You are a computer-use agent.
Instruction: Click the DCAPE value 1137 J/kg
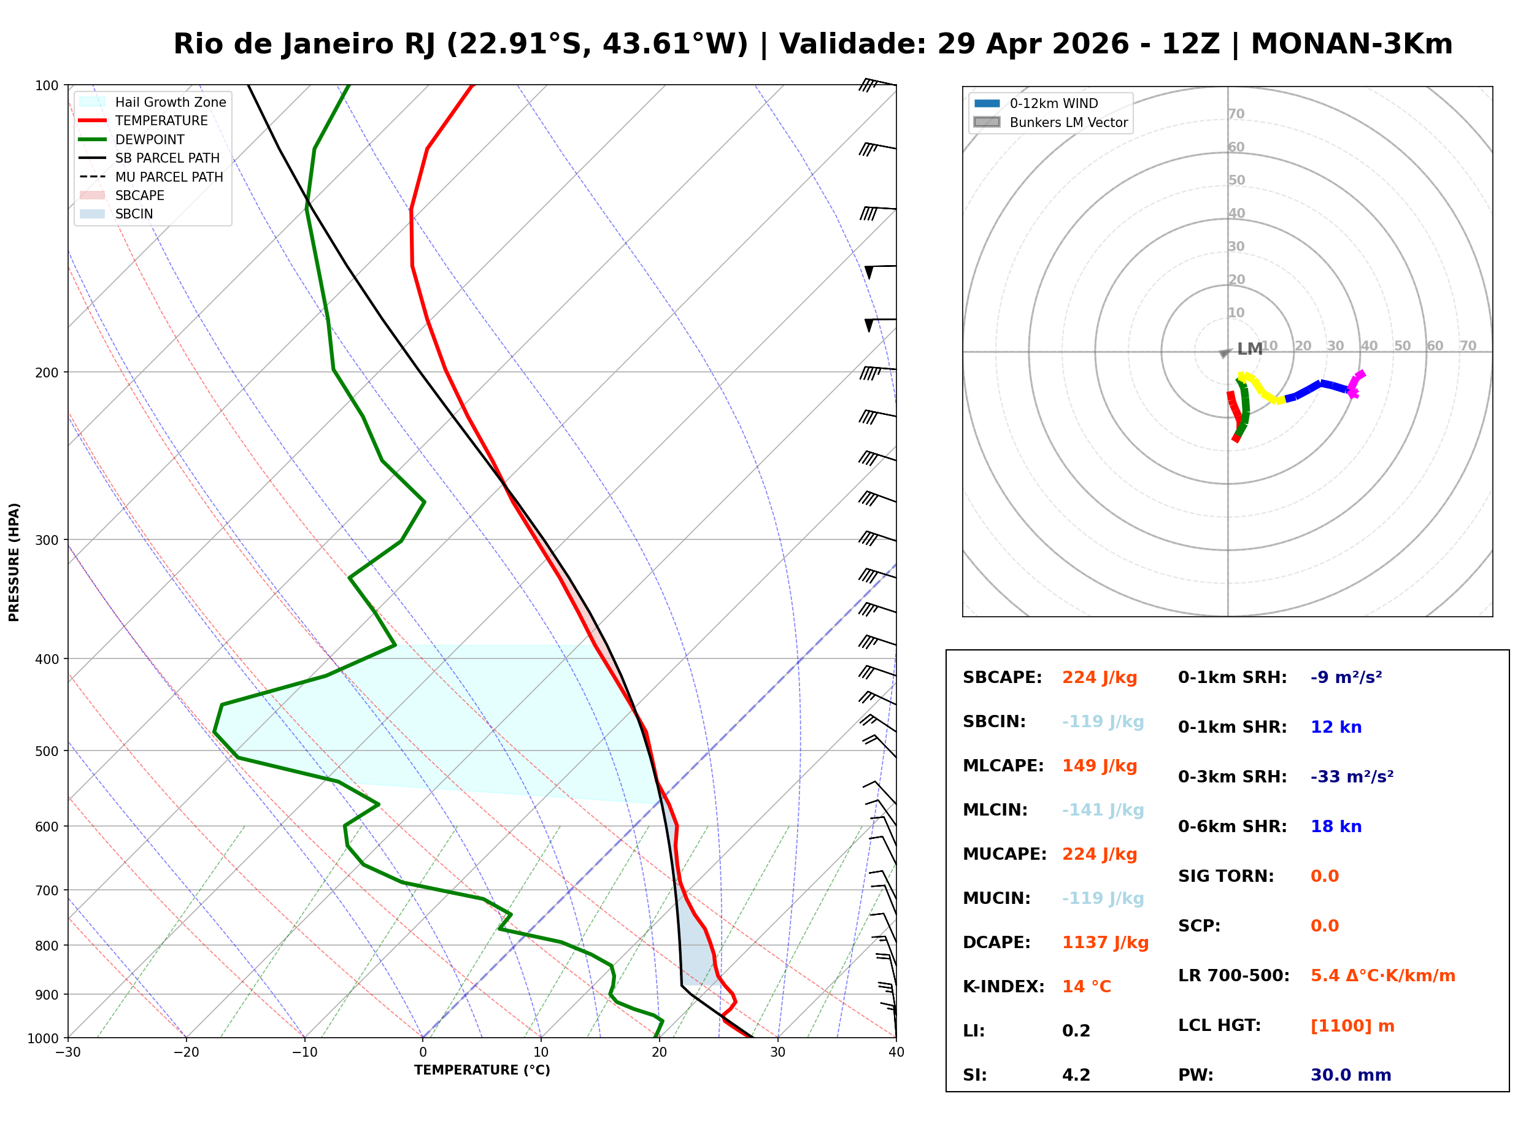[x=1105, y=943]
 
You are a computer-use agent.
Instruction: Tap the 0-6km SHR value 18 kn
[x=1335, y=827]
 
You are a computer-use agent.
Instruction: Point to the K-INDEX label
[x=1003, y=987]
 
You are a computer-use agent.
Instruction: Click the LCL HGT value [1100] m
[x=1352, y=1026]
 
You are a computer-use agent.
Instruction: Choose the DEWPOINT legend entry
[x=150, y=139]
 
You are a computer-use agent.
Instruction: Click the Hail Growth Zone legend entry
[x=170, y=102]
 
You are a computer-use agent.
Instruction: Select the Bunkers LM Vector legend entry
[x=1068, y=122]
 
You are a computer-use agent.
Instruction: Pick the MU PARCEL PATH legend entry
[x=169, y=177]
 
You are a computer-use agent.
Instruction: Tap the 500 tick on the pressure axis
[x=47, y=751]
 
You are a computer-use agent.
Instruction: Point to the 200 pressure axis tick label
[x=47, y=372]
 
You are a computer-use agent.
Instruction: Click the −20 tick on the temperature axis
[x=185, y=1052]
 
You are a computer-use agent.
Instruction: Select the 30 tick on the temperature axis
[x=777, y=1052]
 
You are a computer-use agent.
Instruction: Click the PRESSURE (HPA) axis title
[x=14, y=562]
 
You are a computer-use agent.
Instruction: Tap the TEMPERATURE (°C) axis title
[x=482, y=1071]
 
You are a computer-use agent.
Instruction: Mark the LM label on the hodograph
[x=1249, y=349]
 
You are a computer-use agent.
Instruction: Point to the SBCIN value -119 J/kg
[x=1102, y=722]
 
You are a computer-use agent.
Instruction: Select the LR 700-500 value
[x=1382, y=976]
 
